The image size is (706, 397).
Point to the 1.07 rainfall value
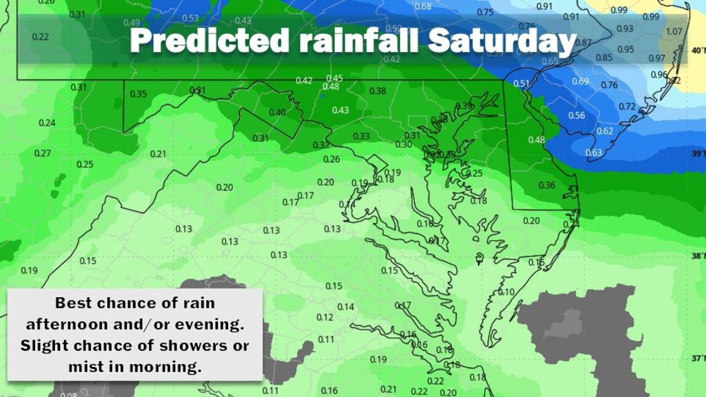tap(674, 31)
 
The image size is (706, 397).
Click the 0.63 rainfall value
tap(593, 153)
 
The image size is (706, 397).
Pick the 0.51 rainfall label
tap(521, 83)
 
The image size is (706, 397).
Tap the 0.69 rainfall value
tap(580, 82)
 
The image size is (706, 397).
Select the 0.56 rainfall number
tap(576, 115)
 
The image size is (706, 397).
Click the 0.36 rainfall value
tap(547, 185)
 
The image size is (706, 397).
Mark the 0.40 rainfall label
tap(277, 112)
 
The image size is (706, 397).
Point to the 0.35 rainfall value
tap(138, 94)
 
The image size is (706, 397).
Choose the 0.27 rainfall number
tap(42, 153)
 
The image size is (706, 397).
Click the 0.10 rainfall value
tap(506, 292)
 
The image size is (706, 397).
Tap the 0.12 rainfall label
tap(325, 317)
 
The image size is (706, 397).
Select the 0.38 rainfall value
tap(377, 90)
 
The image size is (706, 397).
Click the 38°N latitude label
tap(698, 256)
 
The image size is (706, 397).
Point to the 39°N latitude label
tap(698, 153)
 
